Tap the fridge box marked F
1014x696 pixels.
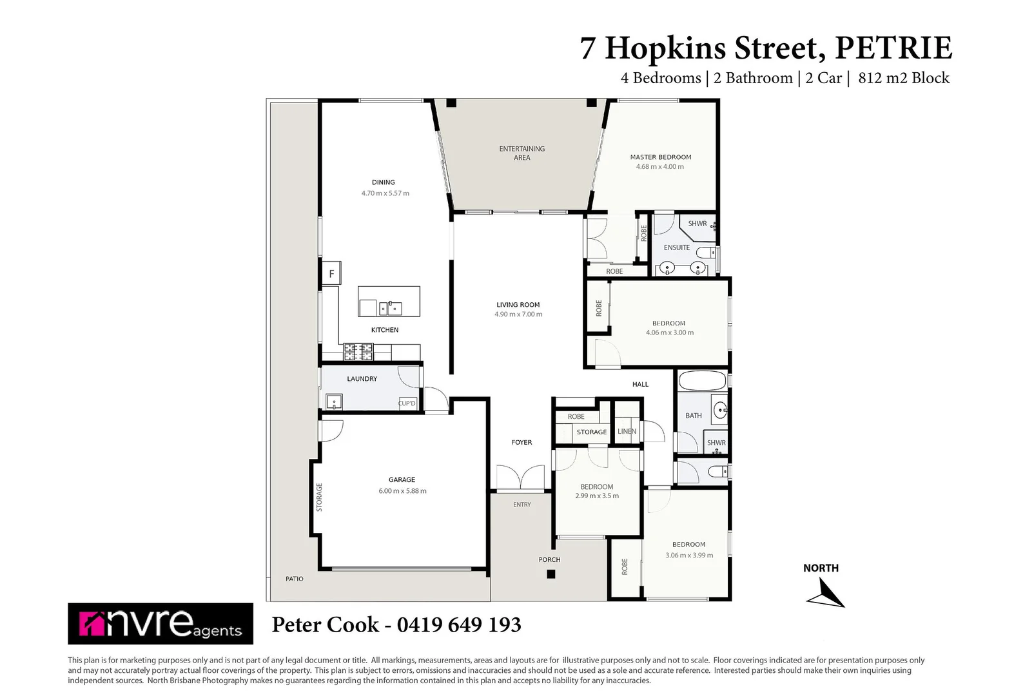click(x=331, y=273)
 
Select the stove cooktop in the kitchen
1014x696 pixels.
click(x=358, y=351)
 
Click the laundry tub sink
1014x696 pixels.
click(x=333, y=403)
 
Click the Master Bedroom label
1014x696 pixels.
click(x=660, y=157)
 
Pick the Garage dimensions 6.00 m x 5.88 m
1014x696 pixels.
click(x=402, y=491)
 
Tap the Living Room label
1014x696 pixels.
click(x=518, y=305)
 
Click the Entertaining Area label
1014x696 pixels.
click(x=522, y=153)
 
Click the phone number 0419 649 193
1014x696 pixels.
click(x=459, y=624)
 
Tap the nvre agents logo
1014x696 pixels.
click(x=161, y=623)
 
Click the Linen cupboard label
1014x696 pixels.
click(x=627, y=431)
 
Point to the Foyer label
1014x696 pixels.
click(x=522, y=442)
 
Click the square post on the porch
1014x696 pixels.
click(x=550, y=574)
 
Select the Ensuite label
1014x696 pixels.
click(x=676, y=247)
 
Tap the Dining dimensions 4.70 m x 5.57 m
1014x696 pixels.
click(x=385, y=193)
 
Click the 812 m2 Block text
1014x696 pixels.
click(x=903, y=78)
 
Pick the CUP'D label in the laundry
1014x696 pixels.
click(x=407, y=403)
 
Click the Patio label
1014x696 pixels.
click(x=294, y=579)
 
